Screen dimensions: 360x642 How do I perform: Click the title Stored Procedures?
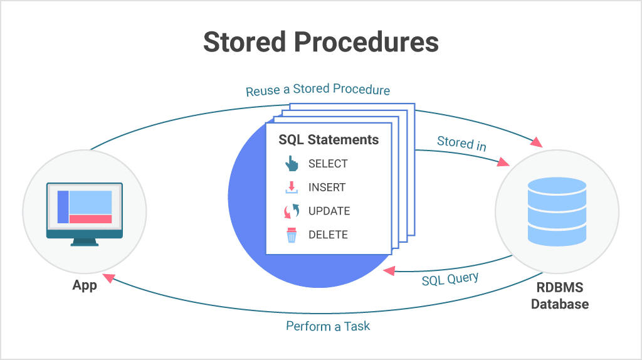320,42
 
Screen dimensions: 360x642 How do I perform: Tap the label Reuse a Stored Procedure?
317,90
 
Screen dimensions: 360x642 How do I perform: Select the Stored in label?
461,142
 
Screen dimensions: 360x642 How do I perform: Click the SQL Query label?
450,278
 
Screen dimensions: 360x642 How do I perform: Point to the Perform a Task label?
328,326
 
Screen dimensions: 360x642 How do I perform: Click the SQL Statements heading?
329,139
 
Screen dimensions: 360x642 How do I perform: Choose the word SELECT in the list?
328,164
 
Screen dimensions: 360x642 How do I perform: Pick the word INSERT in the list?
327,188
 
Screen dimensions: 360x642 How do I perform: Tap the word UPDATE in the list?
329,211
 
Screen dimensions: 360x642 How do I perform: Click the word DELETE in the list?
328,235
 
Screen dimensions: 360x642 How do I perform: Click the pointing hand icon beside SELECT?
292,164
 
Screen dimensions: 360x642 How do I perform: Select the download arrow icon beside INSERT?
292,188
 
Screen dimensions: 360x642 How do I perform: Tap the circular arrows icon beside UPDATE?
292,211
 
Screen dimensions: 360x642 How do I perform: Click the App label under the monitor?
85,285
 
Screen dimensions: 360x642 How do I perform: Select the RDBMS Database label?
559,296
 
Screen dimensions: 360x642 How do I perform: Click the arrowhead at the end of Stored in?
503,162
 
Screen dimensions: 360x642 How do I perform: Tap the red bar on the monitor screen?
90,219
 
